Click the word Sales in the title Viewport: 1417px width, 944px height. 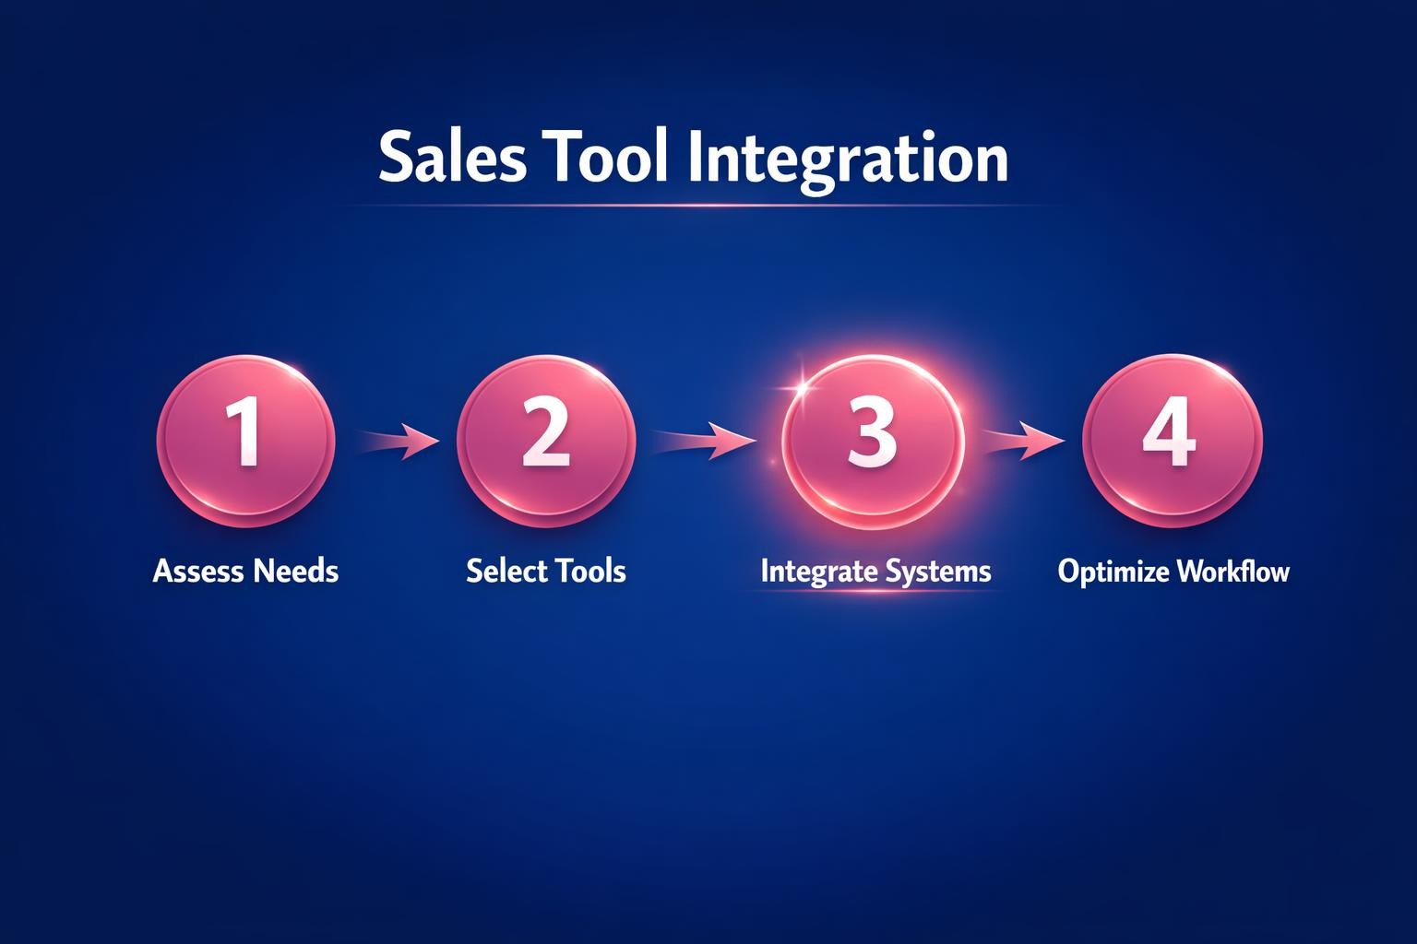(452, 158)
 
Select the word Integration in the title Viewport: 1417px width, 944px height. (848, 159)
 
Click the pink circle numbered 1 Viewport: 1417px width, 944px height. (245, 440)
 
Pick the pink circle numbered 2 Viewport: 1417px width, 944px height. (546, 440)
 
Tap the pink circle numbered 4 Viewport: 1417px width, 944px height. (1171, 439)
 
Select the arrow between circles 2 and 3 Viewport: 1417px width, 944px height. (706, 440)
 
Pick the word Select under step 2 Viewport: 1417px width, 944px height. (506, 572)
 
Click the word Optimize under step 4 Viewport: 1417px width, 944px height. (1113, 572)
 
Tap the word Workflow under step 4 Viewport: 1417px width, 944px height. (1232, 572)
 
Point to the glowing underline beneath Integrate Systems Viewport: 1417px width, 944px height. (875, 591)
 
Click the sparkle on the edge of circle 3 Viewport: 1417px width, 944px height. (799, 387)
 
